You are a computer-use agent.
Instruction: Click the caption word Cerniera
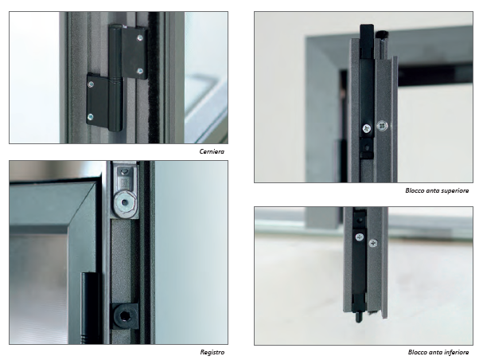(212, 151)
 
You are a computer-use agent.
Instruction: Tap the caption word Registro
(212, 352)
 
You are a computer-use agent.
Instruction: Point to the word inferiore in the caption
(456, 352)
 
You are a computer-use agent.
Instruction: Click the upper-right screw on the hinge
(140, 37)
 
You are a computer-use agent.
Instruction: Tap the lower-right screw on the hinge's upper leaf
(140, 72)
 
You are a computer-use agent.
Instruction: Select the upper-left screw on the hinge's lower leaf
(92, 84)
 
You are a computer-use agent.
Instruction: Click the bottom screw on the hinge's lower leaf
(91, 117)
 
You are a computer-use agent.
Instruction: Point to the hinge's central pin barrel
(115, 79)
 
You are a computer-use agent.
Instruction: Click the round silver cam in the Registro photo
(124, 202)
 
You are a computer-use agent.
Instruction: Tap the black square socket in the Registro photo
(124, 315)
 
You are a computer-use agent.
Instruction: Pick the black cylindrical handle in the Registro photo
(89, 307)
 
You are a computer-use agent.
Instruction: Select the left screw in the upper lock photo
(367, 128)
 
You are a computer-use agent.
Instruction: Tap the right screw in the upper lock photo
(382, 126)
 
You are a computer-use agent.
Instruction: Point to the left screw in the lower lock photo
(360, 237)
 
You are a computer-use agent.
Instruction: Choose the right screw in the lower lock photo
(373, 243)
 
